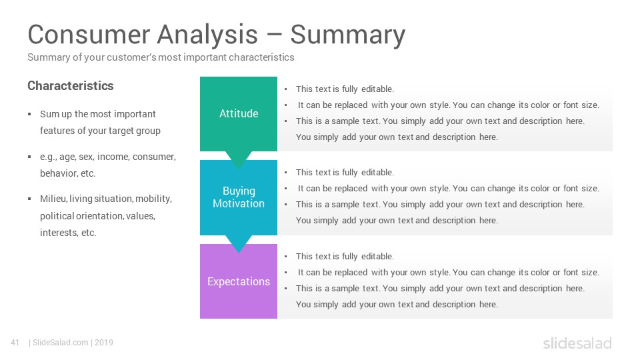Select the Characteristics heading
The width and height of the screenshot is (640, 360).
[71, 86]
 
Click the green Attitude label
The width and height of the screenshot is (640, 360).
[239, 113]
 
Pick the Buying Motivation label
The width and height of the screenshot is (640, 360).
[239, 197]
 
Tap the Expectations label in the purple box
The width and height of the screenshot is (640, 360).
[239, 281]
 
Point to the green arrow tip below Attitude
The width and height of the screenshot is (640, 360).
[239, 169]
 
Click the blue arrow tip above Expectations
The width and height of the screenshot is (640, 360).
[239, 253]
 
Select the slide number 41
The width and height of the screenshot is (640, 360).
[15, 343]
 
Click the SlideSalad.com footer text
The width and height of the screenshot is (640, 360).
[61, 343]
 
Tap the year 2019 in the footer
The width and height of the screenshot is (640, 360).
[104, 343]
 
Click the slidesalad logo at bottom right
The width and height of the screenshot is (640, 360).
[577, 343]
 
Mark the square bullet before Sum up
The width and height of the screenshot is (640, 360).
[29, 114]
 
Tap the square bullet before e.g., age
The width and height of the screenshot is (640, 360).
[29, 157]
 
